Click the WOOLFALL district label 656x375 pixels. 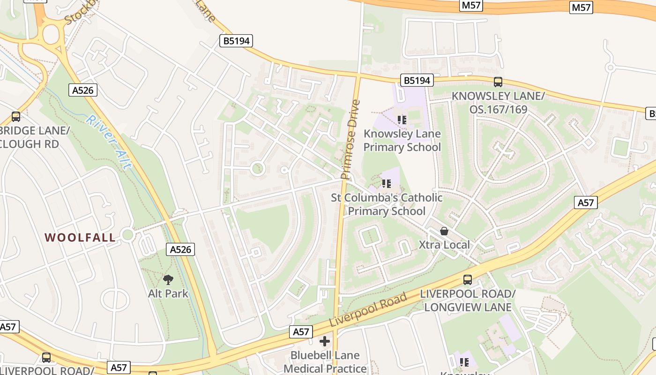pyautogui.click(x=80, y=238)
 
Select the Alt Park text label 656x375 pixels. pyautogui.click(x=168, y=294)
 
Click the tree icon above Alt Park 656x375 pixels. pyautogui.click(x=168, y=280)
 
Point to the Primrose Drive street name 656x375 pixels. pyautogui.click(x=351, y=140)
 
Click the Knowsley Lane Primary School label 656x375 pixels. pyautogui.click(x=402, y=141)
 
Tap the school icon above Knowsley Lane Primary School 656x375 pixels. pyautogui.click(x=402, y=120)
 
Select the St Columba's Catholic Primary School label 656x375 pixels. pyautogui.click(x=387, y=204)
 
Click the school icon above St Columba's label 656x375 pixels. pyautogui.click(x=386, y=183)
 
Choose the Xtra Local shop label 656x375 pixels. pyautogui.click(x=444, y=245)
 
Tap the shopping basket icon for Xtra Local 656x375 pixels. pyautogui.click(x=444, y=231)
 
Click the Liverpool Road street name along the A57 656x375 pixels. pyautogui.click(x=368, y=310)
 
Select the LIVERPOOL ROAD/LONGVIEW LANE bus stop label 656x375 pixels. pyautogui.click(x=467, y=300)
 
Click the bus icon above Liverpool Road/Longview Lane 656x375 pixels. pyautogui.click(x=467, y=280)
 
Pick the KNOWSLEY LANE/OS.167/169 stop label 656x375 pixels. pyautogui.click(x=498, y=103)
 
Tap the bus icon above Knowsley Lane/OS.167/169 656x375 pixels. pyautogui.click(x=498, y=82)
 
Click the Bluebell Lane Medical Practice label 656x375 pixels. pyautogui.click(x=325, y=362)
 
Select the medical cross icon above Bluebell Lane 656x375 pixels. pyautogui.click(x=325, y=341)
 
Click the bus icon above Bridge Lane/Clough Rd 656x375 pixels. pyautogui.click(x=16, y=117)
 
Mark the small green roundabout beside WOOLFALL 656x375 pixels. pyautogui.click(x=127, y=234)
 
